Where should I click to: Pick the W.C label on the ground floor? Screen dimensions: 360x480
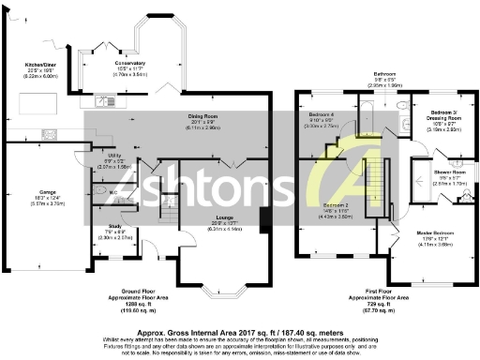tap(112, 193)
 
